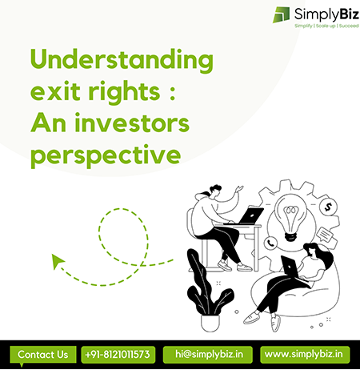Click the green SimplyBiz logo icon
[x=281, y=14]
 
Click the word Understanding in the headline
[x=122, y=61]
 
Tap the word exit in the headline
[x=55, y=90]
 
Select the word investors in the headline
[x=132, y=123]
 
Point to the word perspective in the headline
[x=106, y=155]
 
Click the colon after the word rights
[x=173, y=93]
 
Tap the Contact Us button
[x=43, y=355]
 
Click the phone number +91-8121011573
[x=118, y=355]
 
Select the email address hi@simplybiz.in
[x=208, y=355]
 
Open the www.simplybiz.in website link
[x=305, y=355]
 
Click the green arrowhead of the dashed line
[x=57, y=261]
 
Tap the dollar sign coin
[x=328, y=207]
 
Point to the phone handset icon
[x=270, y=243]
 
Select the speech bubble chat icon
[x=327, y=236]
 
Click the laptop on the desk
[x=250, y=215]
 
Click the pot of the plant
[x=210, y=324]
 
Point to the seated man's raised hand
[x=239, y=189]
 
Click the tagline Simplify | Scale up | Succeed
[x=326, y=26]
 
